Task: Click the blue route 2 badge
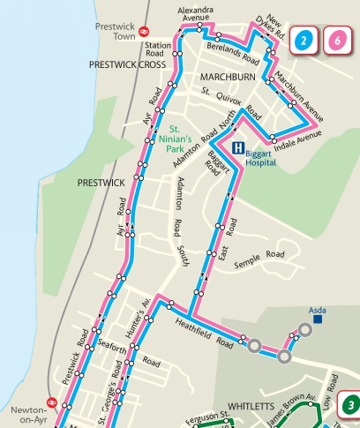click(304, 40)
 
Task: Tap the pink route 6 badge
click(337, 40)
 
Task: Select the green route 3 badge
click(350, 405)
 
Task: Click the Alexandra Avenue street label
click(196, 13)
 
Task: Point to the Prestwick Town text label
click(114, 32)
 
